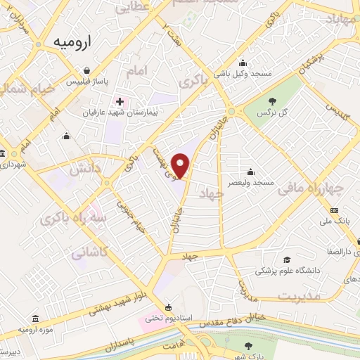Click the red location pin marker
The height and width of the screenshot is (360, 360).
[x=181, y=165]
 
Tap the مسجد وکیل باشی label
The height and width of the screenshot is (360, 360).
[x=243, y=72]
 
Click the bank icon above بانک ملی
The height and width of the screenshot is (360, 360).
[x=334, y=211]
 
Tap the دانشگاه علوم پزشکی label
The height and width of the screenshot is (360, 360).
[x=285, y=270]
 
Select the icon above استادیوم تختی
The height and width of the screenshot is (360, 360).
[x=167, y=307]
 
